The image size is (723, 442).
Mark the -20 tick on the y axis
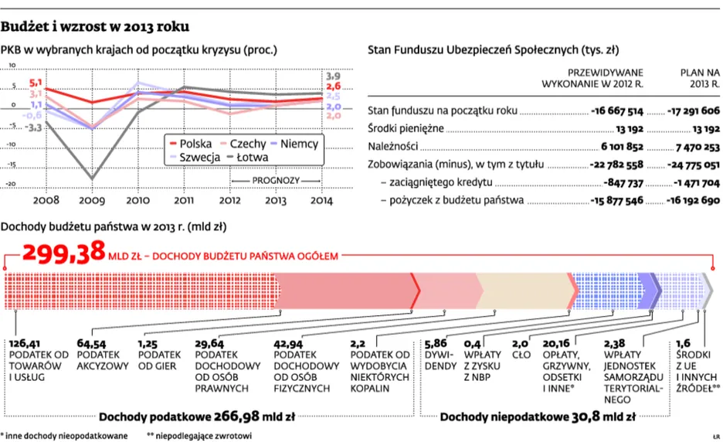click(x=11, y=183)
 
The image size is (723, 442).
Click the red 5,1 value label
click(x=36, y=82)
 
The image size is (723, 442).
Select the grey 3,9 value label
click(x=333, y=76)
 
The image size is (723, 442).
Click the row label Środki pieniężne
click(x=406, y=128)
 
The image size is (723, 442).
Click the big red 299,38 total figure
click(x=64, y=252)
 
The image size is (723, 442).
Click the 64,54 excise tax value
click(x=92, y=343)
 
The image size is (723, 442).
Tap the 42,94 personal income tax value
click(x=290, y=343)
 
